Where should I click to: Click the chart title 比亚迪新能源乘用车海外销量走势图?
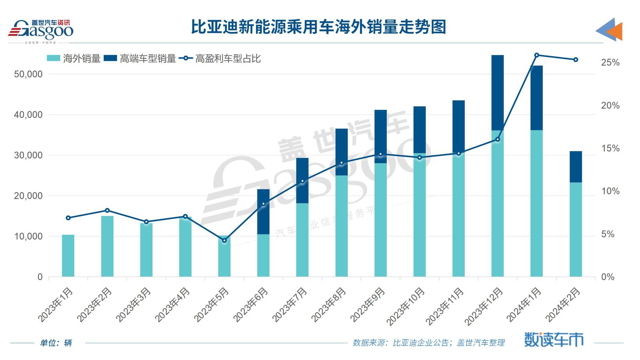pyautogui.click(x=318, y=28)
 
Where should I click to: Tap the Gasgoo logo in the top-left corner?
pyautogui.click(x=41, y=30)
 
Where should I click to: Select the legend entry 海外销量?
pyautogui.click(x=74, y=59)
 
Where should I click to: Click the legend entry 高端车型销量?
pyautogui.click(x=140, y=59)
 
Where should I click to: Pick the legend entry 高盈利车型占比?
pyautogui.click(x=220, y=59)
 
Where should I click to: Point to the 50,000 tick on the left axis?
pyautogui.click(x=28, y=74)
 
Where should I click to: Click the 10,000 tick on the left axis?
pyautogui.click(x=28, y=236)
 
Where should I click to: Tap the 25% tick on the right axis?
pyautogui.click(x=610, y=62)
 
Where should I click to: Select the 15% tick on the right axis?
pyautogui.click(x=610, y=148)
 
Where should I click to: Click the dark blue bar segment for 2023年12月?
pyautogui.click(x=498, y=93)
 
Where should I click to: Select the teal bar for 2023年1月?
pyautogui.click(x=68, y=256)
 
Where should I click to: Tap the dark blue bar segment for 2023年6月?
pyautogui.click(x=263, y=212)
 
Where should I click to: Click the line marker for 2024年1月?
pyautogui.click(x=537, y=55)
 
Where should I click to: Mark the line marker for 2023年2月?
pyautogui.click(x=107, y=210)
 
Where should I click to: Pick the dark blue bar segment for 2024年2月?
pyautogui.click(x=576, y=167)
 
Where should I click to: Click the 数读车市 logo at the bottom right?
pyautogui.click(x=554, y=339)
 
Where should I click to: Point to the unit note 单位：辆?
pyautogui.click(x=56, y=343)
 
